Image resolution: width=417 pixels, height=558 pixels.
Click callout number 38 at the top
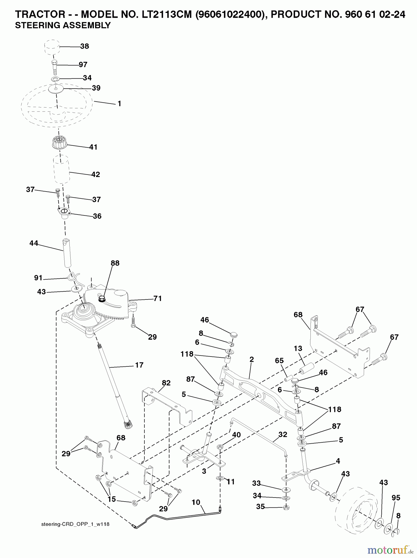point(84,46)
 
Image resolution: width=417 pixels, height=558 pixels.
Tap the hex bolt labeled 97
point(54,65)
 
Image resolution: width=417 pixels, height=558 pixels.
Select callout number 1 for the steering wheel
point(119,104)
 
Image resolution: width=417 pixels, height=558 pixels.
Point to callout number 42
point(96,174)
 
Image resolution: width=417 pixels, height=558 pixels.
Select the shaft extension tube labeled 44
point(67,253)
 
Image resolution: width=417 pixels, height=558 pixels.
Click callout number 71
point(157,299)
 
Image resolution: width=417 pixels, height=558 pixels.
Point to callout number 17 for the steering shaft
point(139,365)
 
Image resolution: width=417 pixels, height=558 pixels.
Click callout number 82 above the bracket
point(166,383)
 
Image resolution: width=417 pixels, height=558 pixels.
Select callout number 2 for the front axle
point(252,359)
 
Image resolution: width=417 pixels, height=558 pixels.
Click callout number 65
point(279,361)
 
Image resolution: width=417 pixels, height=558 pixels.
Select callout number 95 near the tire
point(396,498)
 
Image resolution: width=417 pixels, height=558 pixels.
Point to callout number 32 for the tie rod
point(283,434)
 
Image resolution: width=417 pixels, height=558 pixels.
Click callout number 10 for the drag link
point(196,502)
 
